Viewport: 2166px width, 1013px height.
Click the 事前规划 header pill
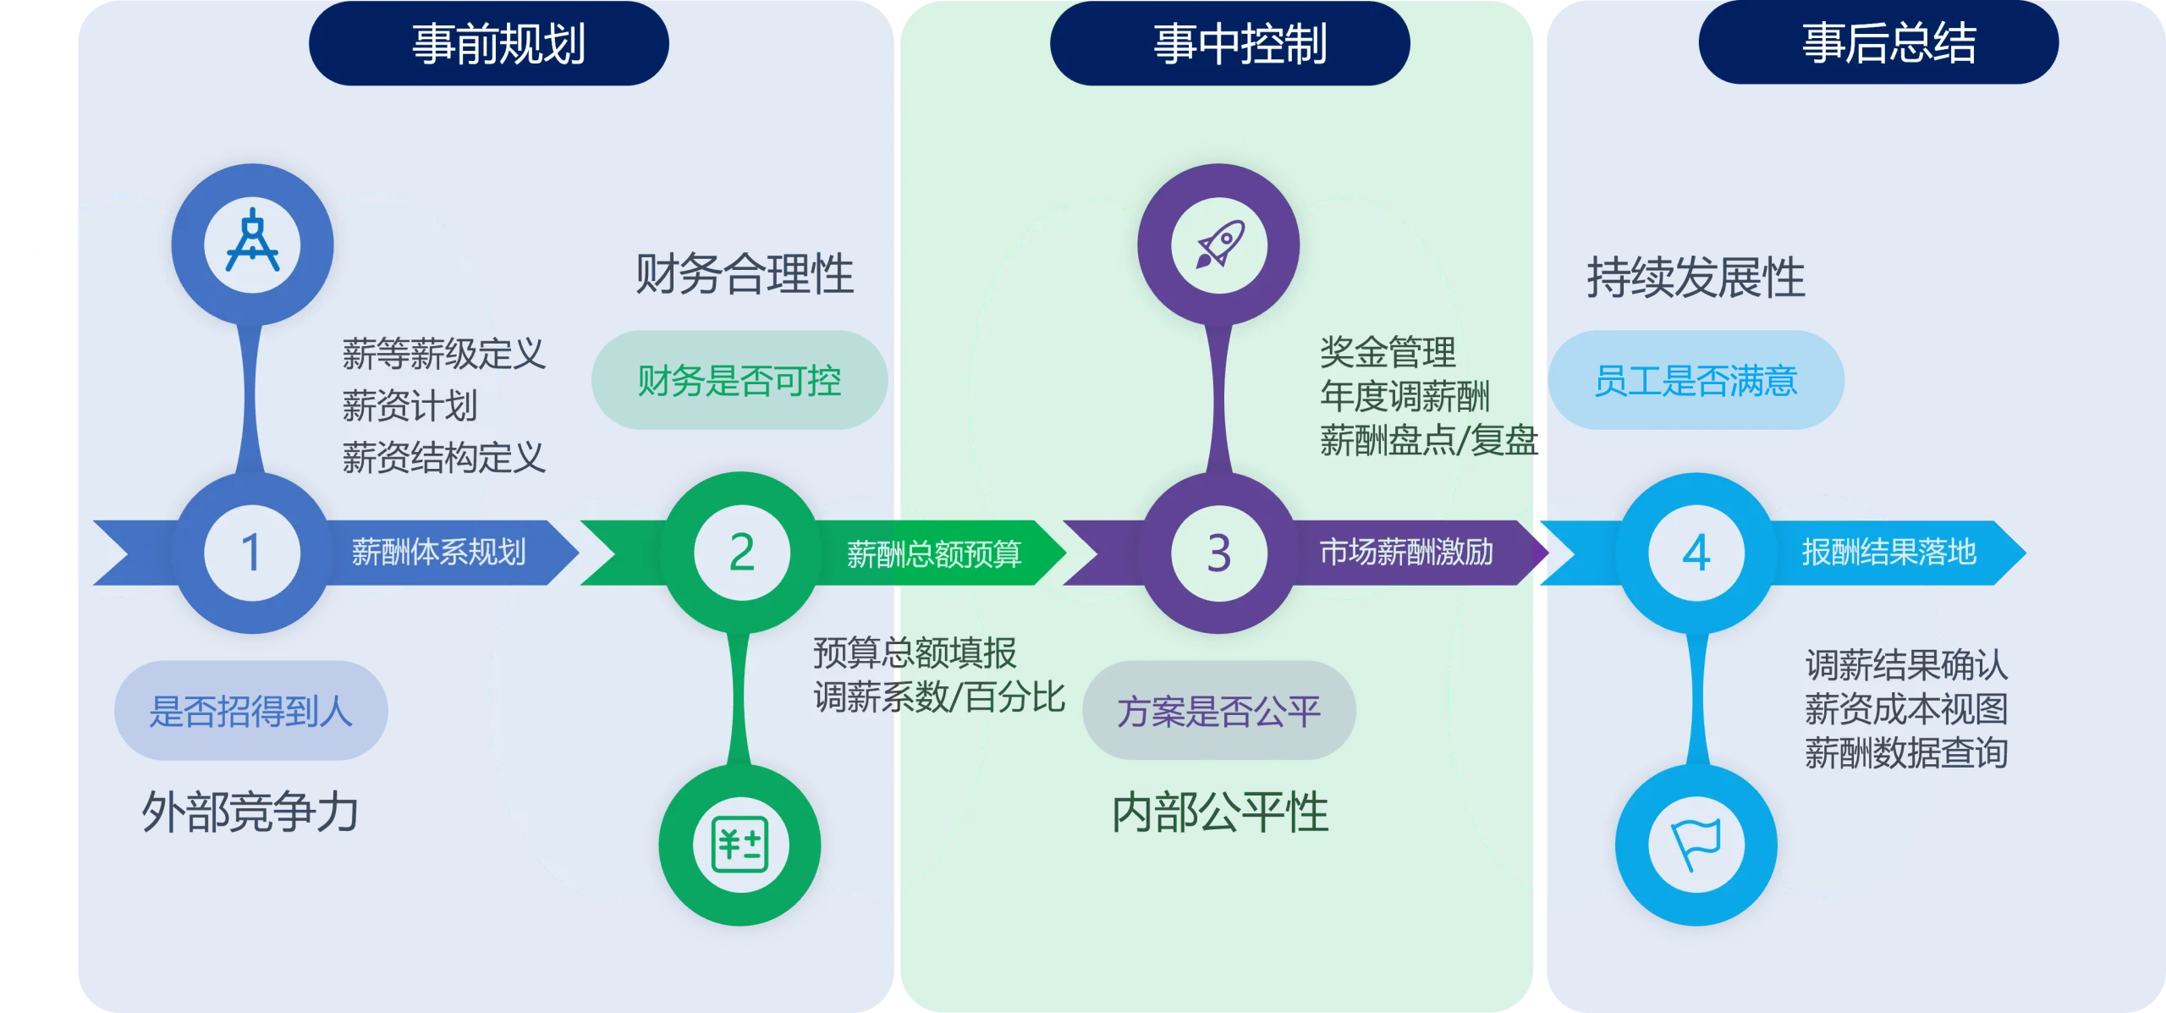489,43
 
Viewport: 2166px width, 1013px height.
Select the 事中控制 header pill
1230,43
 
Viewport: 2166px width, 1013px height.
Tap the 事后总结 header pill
1878,42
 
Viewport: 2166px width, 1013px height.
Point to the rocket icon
1219,244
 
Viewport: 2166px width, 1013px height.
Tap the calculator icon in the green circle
740,844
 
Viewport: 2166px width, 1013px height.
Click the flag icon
1696,844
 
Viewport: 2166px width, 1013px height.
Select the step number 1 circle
252,553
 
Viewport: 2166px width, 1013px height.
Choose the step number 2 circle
742,553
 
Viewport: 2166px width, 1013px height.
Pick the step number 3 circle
1219,553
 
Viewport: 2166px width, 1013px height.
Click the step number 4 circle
1696,553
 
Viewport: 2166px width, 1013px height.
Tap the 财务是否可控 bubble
739,380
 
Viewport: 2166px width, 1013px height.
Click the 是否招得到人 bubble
251,710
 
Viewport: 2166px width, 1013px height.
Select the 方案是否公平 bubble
1219,710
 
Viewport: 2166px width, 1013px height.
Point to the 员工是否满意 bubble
1696,380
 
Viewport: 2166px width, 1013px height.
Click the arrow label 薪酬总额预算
934,553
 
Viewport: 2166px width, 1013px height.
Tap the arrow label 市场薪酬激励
1407,552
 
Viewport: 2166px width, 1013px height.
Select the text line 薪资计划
410,405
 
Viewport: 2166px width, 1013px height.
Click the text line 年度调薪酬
1405,395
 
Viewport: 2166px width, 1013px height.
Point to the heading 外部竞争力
250,812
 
